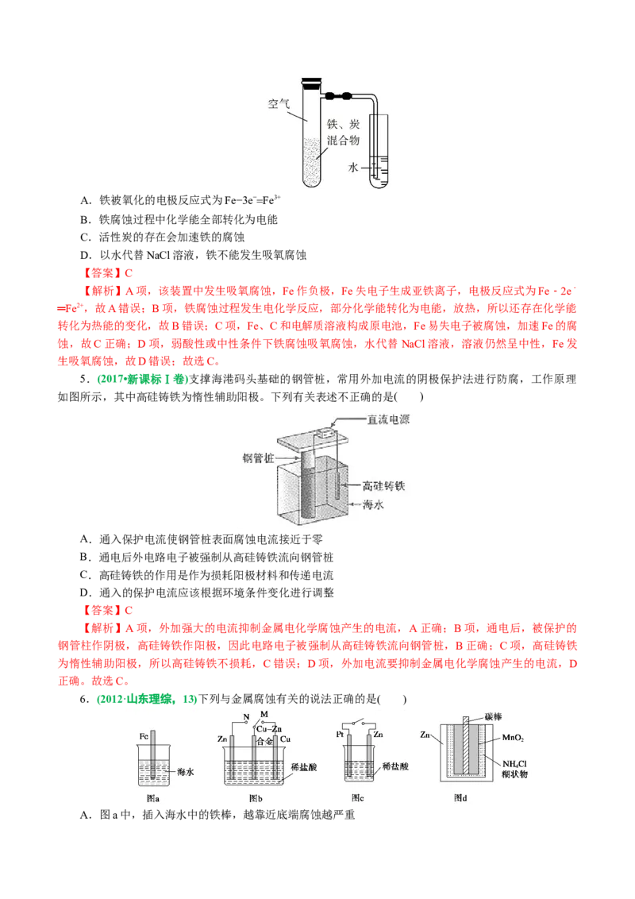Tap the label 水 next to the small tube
coord(353,168)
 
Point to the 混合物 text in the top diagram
coord(344,139)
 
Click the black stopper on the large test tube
coord(310,80)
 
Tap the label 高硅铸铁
coord(388,484)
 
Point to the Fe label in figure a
coord(144,736)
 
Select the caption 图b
coord(256,797)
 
